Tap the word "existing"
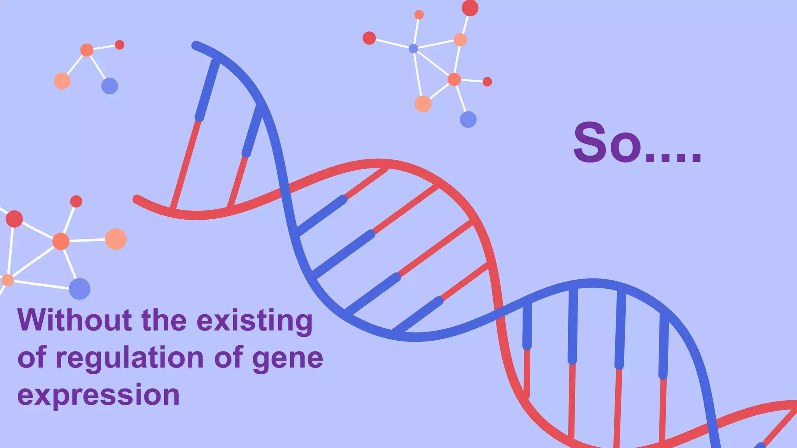[x=255, y=321]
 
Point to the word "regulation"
[x=130, y=358]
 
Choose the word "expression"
[x=98, y=395]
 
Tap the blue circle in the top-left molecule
[x=109, y=86]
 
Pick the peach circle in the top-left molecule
[x=62, y=81]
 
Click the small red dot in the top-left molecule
[x=119, y=45]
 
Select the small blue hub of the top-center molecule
[x=413, y=49]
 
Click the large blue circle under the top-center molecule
[x=468, y=119]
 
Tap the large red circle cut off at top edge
[x=470, y=8]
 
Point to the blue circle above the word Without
[x=79, y=289]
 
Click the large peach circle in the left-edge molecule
[x=116, y=239]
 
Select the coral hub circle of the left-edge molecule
[x=61, y=241]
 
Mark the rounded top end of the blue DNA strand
[x=196, y=45]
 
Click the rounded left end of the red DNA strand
[x=137, y=199]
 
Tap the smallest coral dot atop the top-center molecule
[x=419, y=15]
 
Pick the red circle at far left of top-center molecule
[x=369, y=38]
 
